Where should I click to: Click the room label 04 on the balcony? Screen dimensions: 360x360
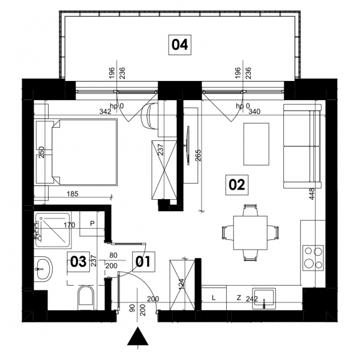180,45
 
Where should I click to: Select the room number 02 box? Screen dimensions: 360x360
237,185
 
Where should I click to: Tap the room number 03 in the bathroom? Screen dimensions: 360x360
78,262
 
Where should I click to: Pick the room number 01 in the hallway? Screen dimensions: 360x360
143,262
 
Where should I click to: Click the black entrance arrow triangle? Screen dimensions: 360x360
138,337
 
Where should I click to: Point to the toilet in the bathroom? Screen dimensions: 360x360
86,298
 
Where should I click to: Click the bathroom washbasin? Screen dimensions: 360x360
44,269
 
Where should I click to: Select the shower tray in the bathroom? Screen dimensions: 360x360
52,230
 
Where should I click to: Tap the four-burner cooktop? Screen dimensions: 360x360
313,258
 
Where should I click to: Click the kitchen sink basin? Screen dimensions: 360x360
264,298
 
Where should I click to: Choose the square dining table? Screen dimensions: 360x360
250,233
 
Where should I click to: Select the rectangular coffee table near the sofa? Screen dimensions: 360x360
256,144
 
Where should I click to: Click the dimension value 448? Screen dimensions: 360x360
311,194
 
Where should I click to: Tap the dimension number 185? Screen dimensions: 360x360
73,194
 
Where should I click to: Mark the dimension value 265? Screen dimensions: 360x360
199,155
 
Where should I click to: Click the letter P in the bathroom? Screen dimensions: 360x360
92,223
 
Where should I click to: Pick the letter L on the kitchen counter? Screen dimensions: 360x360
214,298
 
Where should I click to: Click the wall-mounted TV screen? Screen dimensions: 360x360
188,145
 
